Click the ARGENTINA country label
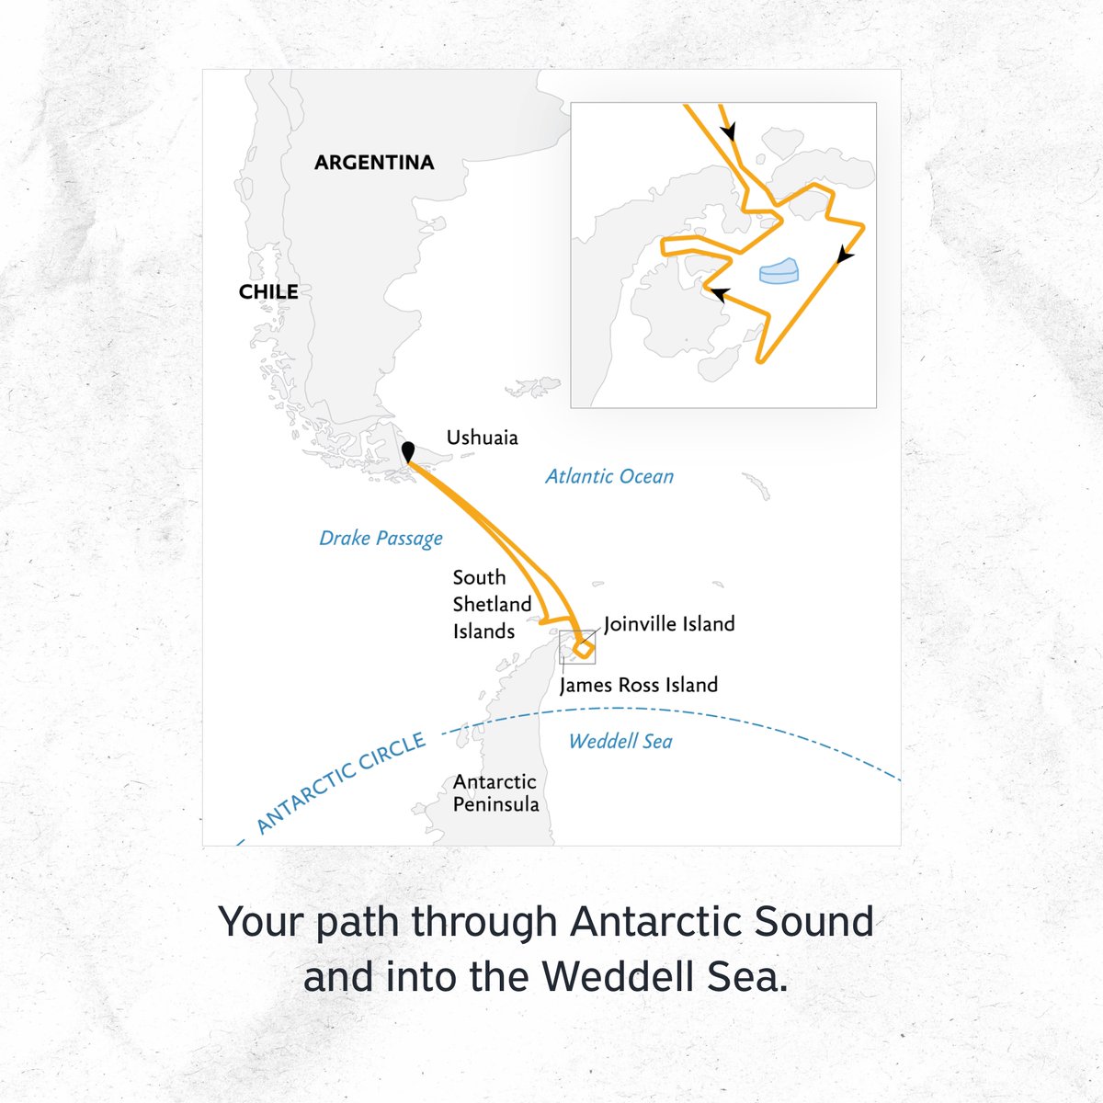(373, 163)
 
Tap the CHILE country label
(268, 292)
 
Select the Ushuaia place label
(482, 438)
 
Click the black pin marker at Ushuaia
(408, 451)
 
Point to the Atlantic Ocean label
(609, 476)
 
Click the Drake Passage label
(381, 538)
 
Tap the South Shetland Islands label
(492, 604)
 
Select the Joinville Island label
(669, 624)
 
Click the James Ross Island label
(638, 685)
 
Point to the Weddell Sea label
(620, 741)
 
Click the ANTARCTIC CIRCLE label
(341, 783)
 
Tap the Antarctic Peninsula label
(495, 792)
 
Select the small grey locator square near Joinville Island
(577, 647)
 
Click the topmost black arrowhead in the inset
(729, 132)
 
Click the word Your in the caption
(261, 921)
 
